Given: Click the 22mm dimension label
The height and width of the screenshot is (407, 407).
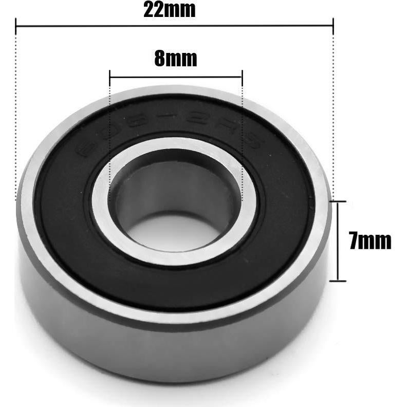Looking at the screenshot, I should tap(169, 10).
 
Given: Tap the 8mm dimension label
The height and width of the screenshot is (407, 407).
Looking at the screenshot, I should tap(175, 59).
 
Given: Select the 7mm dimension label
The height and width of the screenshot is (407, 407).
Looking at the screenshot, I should tap(369, 240).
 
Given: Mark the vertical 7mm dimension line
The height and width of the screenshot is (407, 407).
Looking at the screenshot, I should tap(338, 242).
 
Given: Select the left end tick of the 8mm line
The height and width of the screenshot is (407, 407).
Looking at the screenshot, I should tap(110, 77).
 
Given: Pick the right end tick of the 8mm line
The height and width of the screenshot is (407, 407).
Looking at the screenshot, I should tap(242, 77).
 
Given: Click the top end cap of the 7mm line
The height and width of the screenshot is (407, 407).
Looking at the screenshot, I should tap(338, 202).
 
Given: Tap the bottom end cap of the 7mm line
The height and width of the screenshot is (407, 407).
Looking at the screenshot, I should tap(338, 281).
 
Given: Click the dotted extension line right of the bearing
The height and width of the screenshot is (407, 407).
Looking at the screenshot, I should tap(333, 113).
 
